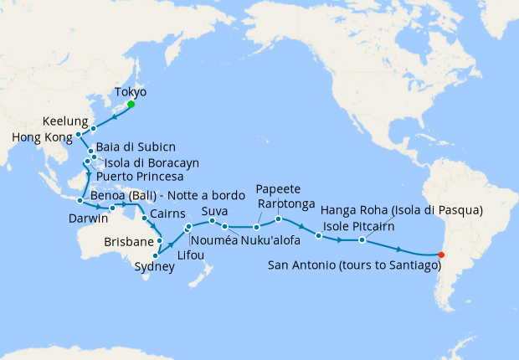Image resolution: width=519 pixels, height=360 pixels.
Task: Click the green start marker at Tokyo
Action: pos(131,105)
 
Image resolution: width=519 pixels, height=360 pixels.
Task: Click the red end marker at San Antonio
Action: pos(442,255)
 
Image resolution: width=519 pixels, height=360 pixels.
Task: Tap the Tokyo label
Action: pos(130,91)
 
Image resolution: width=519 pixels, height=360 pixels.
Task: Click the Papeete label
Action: pos(277,188)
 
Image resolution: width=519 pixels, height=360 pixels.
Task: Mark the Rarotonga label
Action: pos(287,203)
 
